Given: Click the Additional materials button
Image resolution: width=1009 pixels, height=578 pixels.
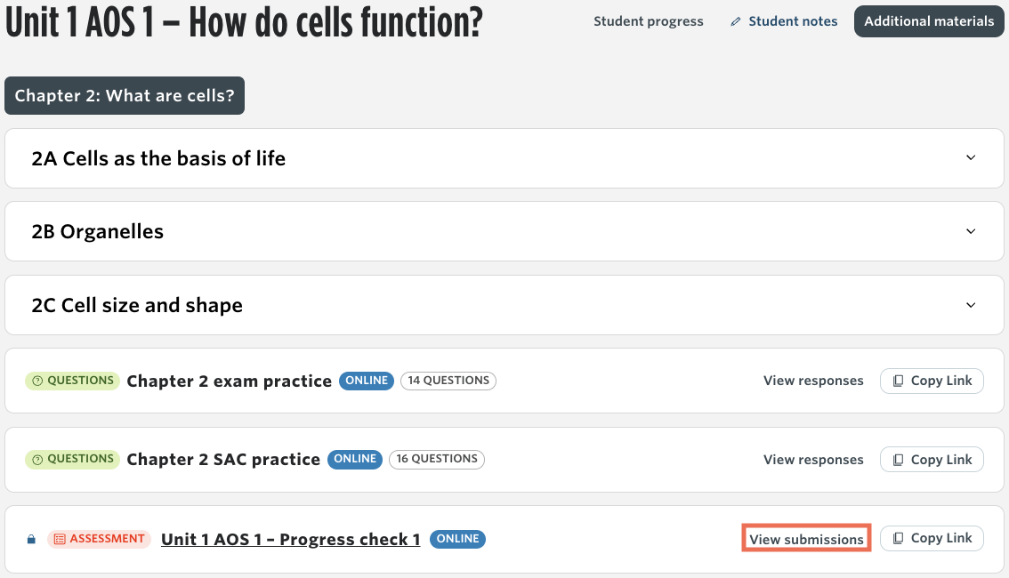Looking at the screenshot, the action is tap(929, 21).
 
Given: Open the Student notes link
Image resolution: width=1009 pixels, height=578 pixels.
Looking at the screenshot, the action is tap(784, 21).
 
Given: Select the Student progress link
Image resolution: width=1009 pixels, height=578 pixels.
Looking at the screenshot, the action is tap(648, 21).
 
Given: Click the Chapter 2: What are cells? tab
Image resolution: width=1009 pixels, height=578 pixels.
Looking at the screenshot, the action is tap(125, 96).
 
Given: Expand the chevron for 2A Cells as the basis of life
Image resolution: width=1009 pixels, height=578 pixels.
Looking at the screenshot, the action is tap(971, 157).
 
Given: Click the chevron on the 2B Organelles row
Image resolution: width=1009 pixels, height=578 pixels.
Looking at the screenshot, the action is tap(971, 231).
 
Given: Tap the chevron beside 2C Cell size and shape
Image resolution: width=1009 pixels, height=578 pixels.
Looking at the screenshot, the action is tap(971, 305).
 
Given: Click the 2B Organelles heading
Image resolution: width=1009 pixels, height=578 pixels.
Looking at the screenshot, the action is tap(98, 231).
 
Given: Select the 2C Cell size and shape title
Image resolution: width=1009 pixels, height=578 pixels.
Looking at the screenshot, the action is tap(137, 305).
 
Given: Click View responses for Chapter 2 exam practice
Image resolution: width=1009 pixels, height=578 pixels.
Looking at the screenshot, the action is tap(813, 381).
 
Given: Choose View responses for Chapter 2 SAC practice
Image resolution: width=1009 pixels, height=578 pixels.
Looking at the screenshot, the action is tap(813, 460).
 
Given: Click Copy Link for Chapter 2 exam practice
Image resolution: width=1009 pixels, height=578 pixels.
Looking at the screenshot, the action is tap(932, 381).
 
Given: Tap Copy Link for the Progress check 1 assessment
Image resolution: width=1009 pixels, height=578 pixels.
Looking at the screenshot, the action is tap(932, 538).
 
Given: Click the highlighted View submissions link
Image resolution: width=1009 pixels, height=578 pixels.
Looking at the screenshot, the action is tap(806, 539).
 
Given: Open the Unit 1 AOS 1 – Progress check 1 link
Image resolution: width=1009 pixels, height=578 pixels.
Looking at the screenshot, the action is tap(290, 539).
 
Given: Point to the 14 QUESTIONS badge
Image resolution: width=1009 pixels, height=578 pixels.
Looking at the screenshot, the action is tap(448, 381).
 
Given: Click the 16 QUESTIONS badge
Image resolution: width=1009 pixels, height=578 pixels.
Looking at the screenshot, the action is tap(437, 459).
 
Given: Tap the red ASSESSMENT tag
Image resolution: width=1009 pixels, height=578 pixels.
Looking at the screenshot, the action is tap(99, 539).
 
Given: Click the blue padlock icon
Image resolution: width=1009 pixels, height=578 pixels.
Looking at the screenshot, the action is tap(31, 539).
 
